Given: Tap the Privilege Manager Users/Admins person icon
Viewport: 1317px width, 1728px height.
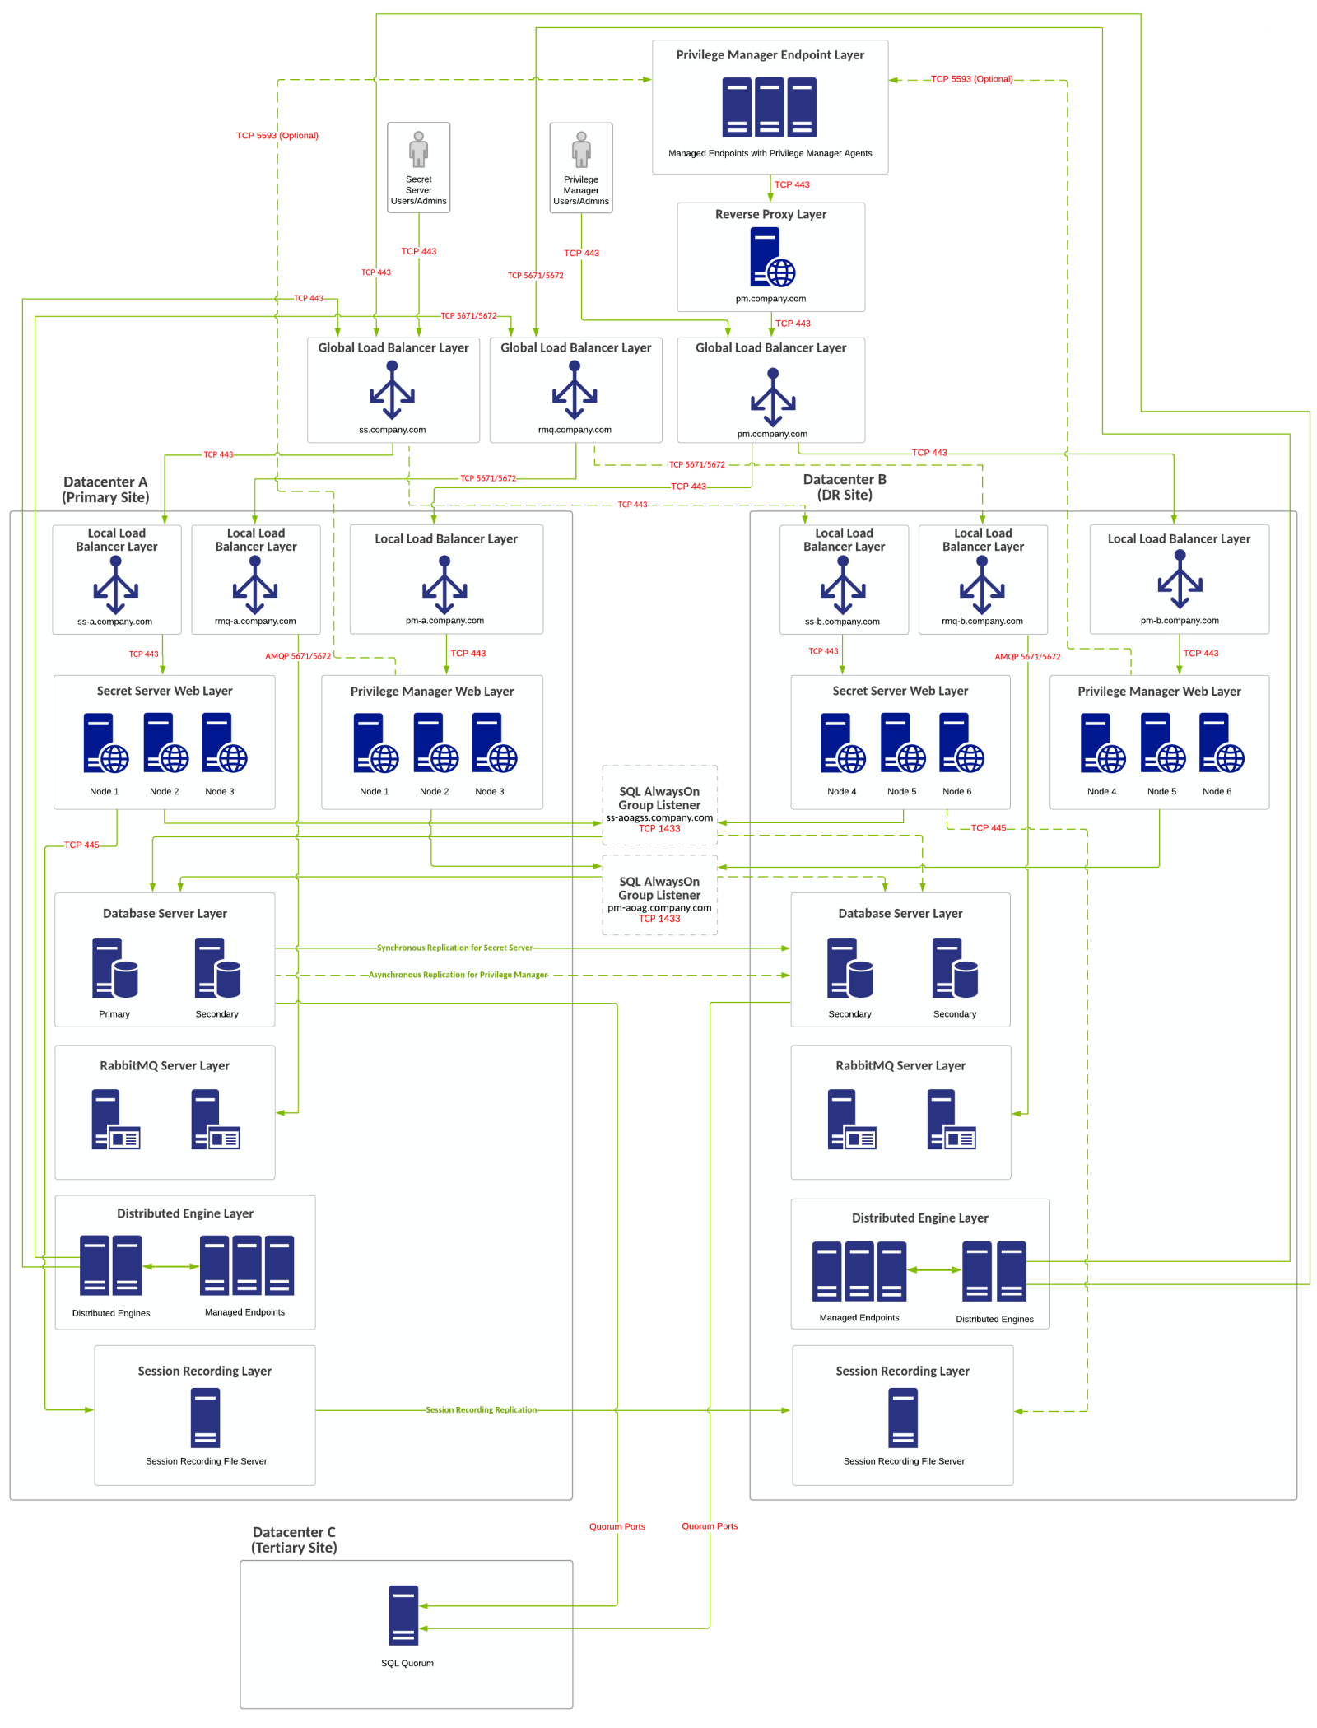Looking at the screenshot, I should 581,150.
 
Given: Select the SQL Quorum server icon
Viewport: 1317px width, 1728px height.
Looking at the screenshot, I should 403,1614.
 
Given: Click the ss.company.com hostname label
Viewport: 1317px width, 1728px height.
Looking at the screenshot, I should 392,430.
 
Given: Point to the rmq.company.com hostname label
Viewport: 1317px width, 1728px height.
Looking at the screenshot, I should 575,430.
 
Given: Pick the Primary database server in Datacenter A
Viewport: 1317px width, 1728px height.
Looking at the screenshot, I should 114,968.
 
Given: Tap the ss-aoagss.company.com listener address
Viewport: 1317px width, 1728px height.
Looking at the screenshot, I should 659,817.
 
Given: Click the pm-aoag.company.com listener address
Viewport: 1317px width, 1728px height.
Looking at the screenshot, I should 659,907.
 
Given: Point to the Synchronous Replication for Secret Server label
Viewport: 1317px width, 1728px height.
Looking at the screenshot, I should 454,948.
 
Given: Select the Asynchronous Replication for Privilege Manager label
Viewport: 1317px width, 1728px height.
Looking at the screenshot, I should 458,975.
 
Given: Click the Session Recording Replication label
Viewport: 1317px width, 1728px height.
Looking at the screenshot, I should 481,1409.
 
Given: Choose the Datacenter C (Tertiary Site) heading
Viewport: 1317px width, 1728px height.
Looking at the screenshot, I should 294,1539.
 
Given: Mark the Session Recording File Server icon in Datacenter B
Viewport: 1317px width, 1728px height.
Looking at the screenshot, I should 903,1418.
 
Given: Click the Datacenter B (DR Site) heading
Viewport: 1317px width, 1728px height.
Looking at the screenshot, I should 845,487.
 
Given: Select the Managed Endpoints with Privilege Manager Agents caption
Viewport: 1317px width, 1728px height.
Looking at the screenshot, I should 770,153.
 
